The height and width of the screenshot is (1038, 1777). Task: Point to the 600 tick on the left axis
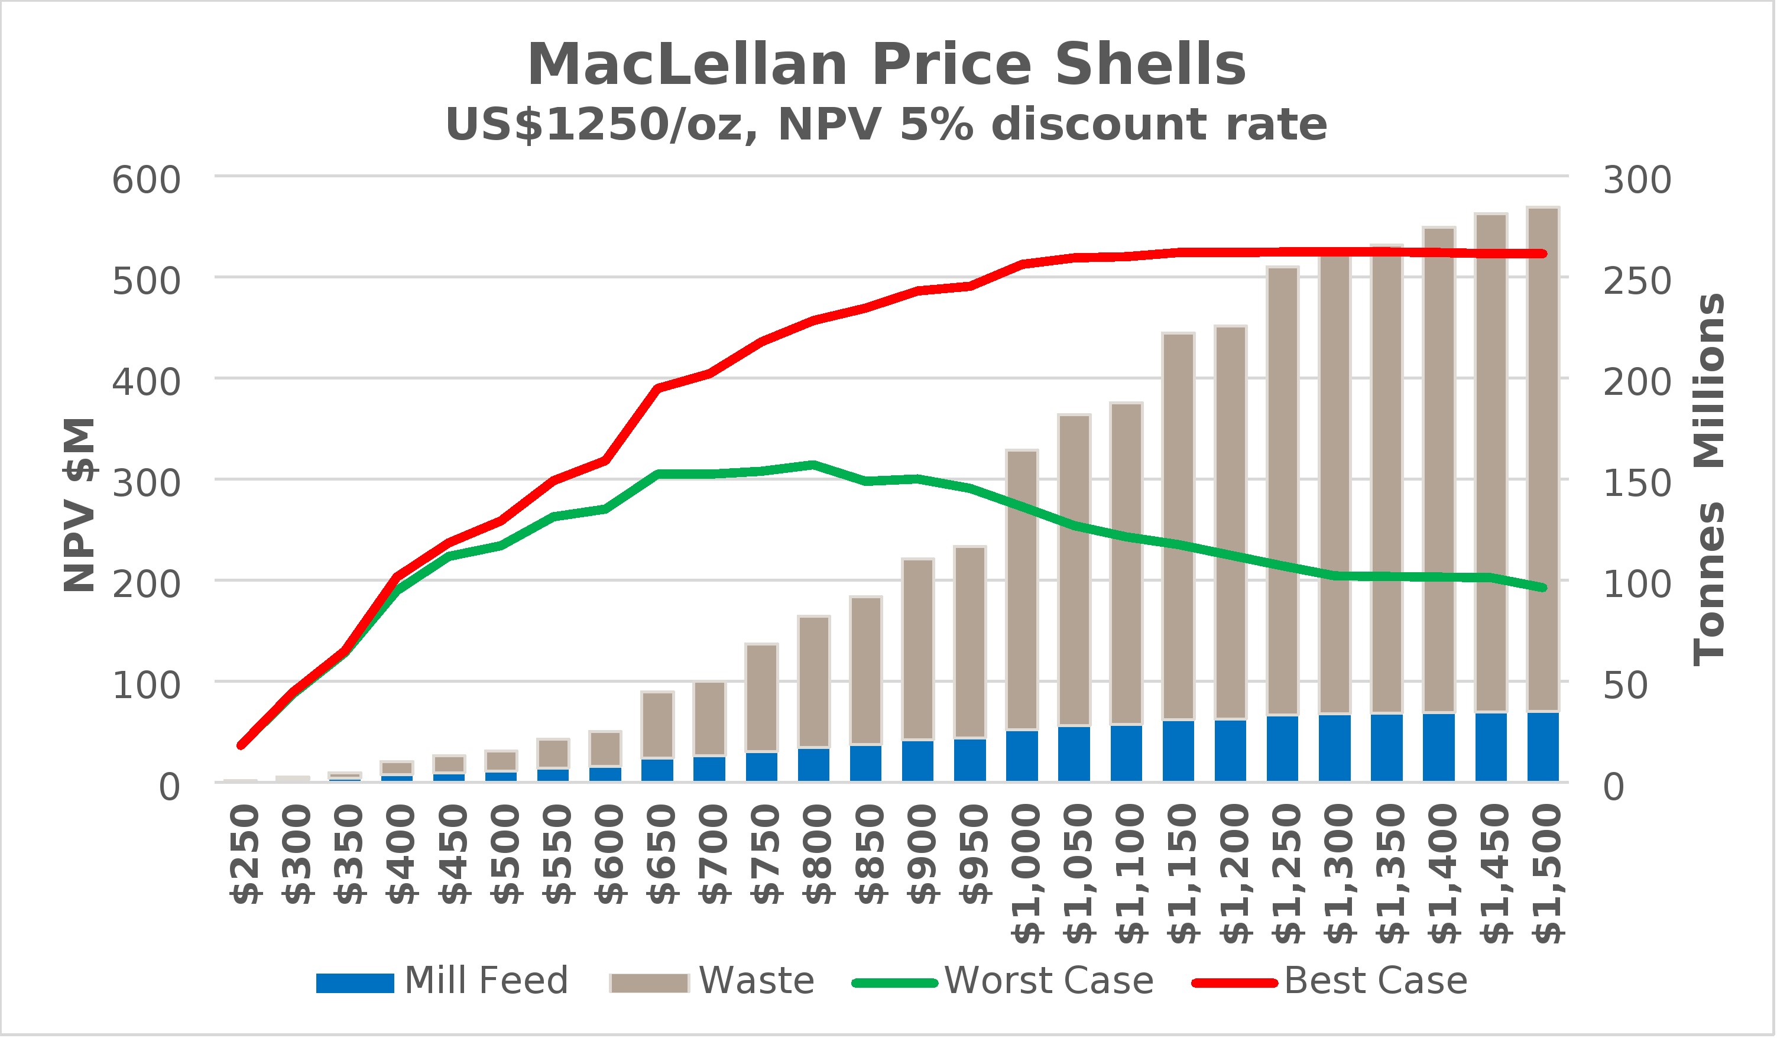147,180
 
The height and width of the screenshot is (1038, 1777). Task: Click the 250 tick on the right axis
1637,281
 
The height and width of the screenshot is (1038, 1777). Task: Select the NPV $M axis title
79,505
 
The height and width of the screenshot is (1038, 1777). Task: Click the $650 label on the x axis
661,855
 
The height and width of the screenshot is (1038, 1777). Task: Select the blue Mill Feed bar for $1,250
1283,749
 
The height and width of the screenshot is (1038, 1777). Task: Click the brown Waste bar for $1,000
1022,589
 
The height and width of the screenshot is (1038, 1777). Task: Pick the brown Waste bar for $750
761,698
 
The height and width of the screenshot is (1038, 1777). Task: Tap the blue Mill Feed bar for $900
918,761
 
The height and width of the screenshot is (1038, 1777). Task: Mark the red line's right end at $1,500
1543,254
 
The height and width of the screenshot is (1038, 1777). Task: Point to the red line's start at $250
241,745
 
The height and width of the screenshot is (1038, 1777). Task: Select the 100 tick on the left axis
147,686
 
